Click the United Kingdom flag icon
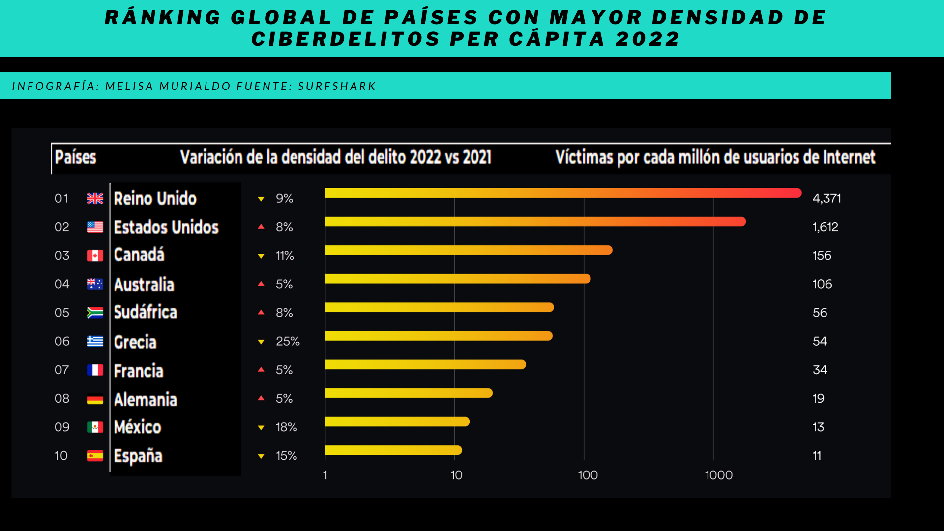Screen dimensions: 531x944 pyautogui.click(x=95, y=198)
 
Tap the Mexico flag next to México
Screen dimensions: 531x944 pyautogui.click(x=95, y=427)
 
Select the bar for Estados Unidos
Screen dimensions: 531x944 pyautogui.click(x=535, y=222)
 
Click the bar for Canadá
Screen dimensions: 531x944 pyautogui.click(x=469, y=250)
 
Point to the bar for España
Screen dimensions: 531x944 pyautogui.click(x=393, y=450)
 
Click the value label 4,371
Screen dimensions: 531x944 pyautogui.click(x=826, y=198)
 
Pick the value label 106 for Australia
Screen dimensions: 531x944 pyautogui.click(x=822, y=284)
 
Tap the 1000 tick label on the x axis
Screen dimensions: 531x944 pyautogui.click(x=718, y=475)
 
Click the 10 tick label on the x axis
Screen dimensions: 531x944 pyautogui.click(x=456, y=475)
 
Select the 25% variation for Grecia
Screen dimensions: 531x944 pyautogui.click(x=288, y=341)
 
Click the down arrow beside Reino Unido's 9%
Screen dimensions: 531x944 pyautogui.click(x=261, y=199)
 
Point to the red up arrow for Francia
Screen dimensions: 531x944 pyautogui.click(x=261, y=369)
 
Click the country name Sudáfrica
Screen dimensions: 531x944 pyautogui.click(x=145, y=312)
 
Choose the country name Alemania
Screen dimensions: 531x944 pyautogui.click(x=145, y=399)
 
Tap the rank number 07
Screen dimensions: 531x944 pyautogui.click(x=61, y=370)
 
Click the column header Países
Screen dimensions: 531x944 pyautogui.click(x=75, y=157)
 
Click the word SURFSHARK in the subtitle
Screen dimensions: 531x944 pyautogui.click(x=337, y=86)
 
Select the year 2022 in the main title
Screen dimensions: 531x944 pyautogui.click(x=648, y=39)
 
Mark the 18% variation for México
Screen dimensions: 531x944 pyautogui.click(x=286, y=427)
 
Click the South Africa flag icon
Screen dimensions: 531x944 pyautogui.click(x=95, y=313)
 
